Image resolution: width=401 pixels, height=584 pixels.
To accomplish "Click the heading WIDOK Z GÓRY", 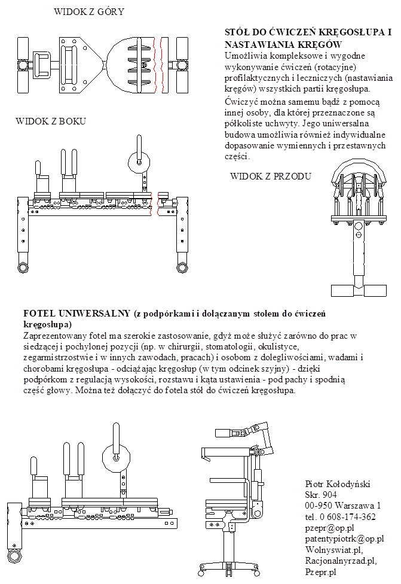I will pos(88,11).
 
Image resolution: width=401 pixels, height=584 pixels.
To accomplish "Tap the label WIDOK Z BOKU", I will pos(51,121).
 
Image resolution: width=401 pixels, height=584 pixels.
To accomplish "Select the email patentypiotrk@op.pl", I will pos(344,539).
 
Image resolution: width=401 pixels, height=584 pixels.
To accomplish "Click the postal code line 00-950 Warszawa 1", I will pos(342,506).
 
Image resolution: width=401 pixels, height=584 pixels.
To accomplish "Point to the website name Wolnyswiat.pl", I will pos(333,550).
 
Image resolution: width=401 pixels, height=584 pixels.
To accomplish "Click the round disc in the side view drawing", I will pos(141,162).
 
